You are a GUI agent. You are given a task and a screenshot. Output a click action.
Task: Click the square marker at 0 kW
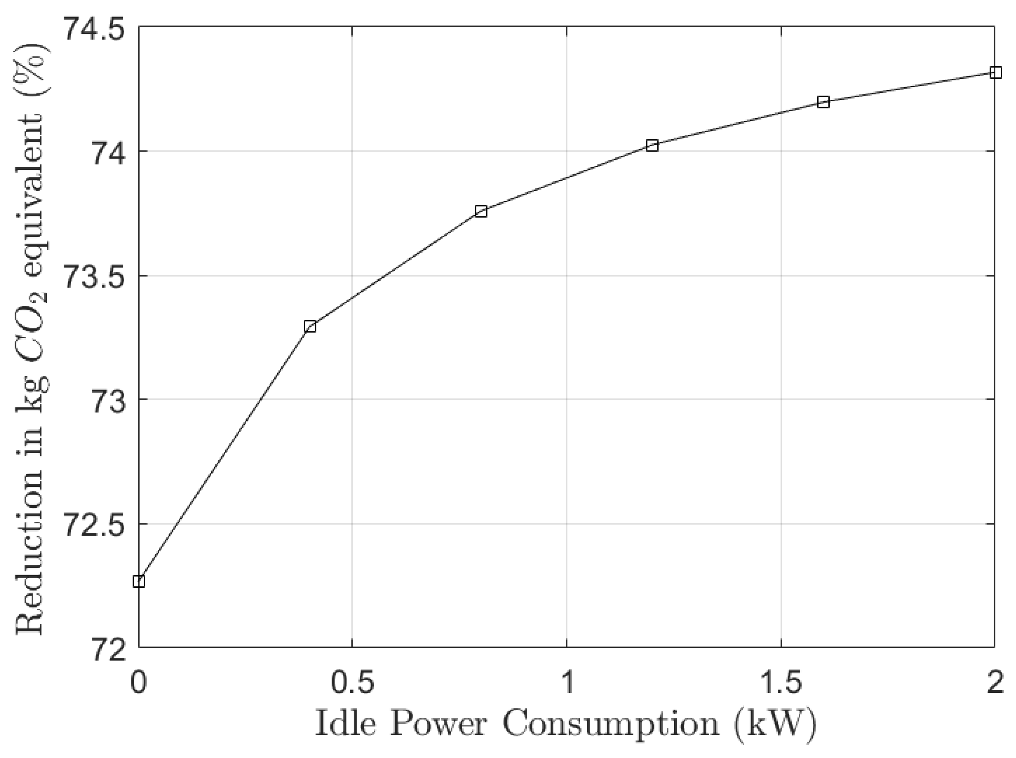pos(139,581)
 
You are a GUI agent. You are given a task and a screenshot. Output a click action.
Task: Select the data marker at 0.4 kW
pos(310,327)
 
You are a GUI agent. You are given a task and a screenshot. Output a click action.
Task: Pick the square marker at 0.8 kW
pos(481,211)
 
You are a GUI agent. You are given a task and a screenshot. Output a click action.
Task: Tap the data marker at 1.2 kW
pos(652,146)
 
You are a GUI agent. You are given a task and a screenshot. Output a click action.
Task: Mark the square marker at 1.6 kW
pos(823,102)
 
